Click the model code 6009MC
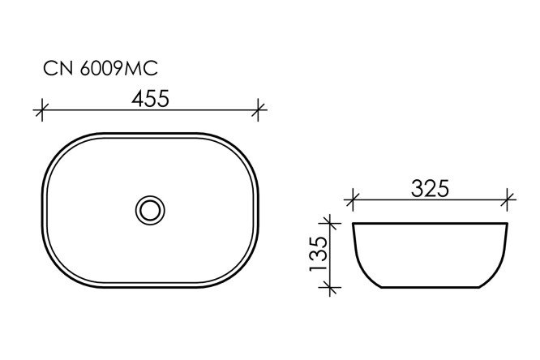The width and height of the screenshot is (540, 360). pyautogui.click(x=118, y=70)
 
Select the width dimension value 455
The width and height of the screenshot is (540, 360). pyautogui.click(x=149, y=99)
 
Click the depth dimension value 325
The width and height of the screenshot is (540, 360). pyautogui.click(x=430, y=189)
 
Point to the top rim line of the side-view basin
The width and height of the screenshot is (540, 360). pyautogui.click(x=430, y=221)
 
